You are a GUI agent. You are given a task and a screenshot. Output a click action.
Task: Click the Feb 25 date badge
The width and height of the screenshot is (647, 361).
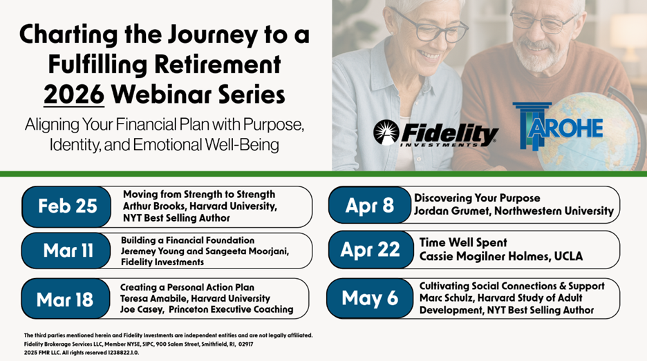pyautogui.click(x=66, y=206)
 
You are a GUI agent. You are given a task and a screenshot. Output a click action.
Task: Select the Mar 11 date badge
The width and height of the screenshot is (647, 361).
pyautogui.click(x=66, y=251)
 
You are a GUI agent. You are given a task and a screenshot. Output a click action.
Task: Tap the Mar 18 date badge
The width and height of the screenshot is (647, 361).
pyautogui.click(x=65, y=299)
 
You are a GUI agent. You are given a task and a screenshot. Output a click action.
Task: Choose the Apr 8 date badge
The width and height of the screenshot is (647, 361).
pyautogui.click(x=370, y=205)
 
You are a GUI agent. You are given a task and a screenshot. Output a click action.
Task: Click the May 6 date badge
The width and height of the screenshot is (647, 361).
pyautogui.click(x=370, y=298)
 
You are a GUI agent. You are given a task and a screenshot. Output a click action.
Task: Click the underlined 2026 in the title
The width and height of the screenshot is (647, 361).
pyautogui.click(x=74, y=95)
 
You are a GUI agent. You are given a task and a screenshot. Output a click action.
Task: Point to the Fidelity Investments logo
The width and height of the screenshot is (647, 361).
pyautogui.click(x=435, y=133)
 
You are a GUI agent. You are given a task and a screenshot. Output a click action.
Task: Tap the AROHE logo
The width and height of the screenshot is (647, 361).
pyautogui.click(x=558, y=125)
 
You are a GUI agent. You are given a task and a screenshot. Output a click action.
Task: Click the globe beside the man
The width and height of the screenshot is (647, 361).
pyautogui.click(x=590, y=132)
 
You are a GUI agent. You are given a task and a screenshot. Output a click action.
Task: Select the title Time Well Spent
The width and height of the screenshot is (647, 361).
pyautogui.click(x=463, y=242)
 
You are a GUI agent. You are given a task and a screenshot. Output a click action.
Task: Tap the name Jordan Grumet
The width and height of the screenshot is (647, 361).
pyautogui.click(x=451, y=211)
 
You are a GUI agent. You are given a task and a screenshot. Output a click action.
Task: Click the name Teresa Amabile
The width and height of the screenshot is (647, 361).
pyautogui.click(x=153, y=298)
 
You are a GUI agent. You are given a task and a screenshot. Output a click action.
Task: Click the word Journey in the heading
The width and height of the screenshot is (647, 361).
pyautogui.click(x=212, y=35)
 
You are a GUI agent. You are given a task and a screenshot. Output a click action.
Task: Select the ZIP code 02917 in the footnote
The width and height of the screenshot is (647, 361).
pyautogui.click(x=245, y=344)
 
